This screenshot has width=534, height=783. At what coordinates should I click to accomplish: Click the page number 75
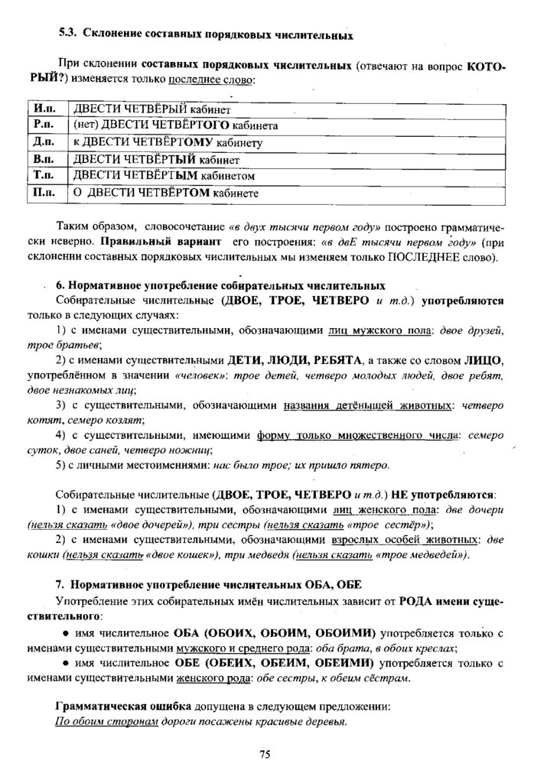point(265,755)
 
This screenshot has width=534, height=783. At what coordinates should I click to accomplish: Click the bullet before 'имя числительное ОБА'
point(67,634)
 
